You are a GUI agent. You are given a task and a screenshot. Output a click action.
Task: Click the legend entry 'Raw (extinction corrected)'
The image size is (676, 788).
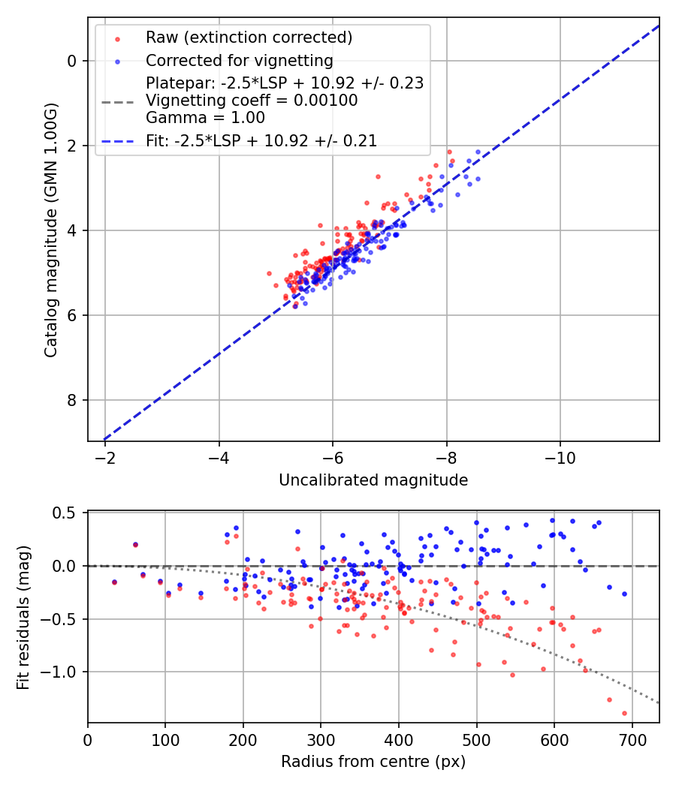click(x=249, y=38)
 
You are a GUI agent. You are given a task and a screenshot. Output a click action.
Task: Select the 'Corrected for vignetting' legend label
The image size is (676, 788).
click(x=239, y=60)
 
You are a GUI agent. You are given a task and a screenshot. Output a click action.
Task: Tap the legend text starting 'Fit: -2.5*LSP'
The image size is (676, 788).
click(x=261, y=140)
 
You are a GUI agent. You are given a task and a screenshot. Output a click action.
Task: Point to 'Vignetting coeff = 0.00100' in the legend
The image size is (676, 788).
click(x=252, y=101)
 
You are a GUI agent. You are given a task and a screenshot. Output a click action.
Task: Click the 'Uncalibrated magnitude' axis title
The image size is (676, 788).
click(x=373, y=480)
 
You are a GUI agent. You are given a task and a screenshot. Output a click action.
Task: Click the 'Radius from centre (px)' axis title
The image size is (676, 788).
click(x=373, y=762)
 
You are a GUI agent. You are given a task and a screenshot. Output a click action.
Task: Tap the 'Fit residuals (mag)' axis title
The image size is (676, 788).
click(x=24, y=617)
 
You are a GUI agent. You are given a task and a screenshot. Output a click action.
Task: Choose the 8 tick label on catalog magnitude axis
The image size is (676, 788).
click(x=73, y=400)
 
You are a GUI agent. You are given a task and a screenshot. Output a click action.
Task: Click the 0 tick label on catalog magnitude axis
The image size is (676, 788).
click(x=73, y=61)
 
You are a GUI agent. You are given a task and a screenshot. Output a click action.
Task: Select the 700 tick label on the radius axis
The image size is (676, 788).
click(x=632, y=739)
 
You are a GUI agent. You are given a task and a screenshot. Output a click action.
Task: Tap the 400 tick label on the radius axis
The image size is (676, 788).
click(x=399, y=739)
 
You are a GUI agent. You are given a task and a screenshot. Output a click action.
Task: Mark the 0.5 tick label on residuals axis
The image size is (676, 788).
click(x=66, y=513)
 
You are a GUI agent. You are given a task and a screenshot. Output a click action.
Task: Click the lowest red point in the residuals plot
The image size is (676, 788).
click(x=624, y=713)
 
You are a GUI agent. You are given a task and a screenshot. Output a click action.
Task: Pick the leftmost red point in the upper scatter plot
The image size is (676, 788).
click(x=269, y=274)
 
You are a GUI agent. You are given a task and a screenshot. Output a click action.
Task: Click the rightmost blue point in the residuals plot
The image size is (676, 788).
click(x=624, y=594)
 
